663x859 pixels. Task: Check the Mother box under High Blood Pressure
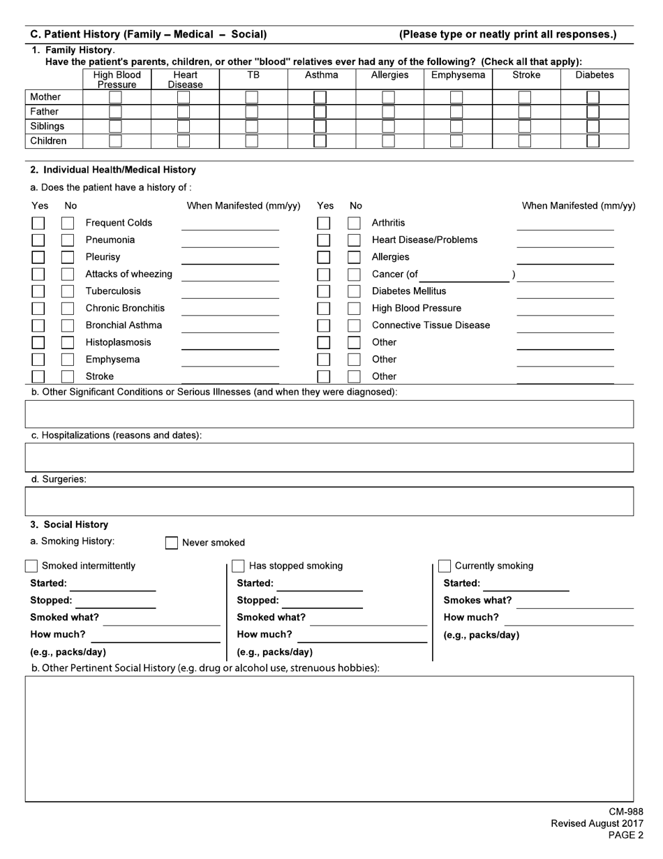[115, 97]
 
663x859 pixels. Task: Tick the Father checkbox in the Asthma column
[320, 112]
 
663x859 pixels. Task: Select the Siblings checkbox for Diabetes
[593, 126]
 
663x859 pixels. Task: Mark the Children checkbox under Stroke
[525, 141]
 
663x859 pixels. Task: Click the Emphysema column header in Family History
[458, 75]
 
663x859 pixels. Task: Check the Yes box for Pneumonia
[38, 240]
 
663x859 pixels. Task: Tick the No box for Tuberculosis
[68, 291]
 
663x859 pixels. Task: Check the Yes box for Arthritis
[324, 223]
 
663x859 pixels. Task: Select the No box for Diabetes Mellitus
[355, 291]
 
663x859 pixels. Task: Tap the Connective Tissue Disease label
[431, 325]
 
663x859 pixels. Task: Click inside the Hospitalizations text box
[329, 457]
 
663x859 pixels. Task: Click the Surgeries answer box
[329, 501]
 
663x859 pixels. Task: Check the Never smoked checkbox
[172, 543]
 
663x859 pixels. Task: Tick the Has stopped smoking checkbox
[238, 566]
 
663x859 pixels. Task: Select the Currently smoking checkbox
[445, 566]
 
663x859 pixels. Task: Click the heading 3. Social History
[69, 524]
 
